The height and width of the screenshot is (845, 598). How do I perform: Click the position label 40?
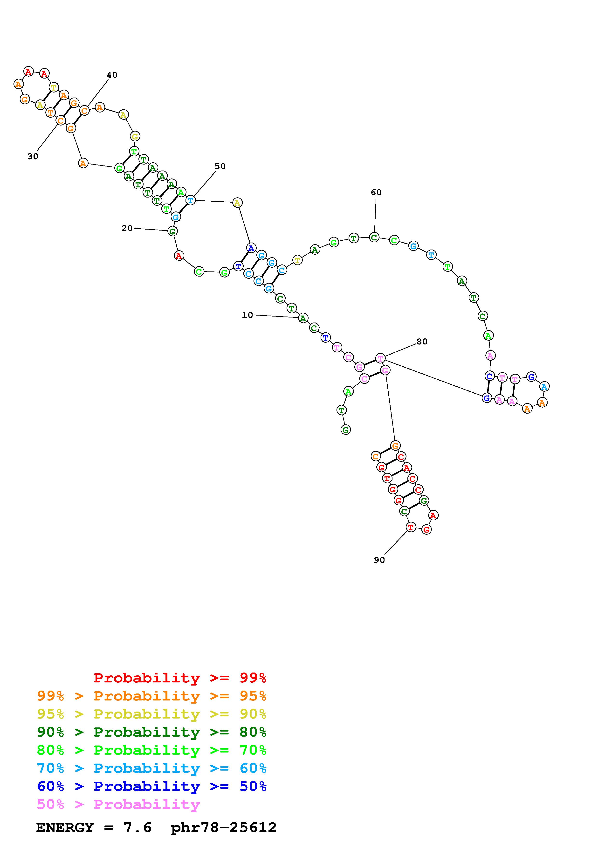[x=112, y=75]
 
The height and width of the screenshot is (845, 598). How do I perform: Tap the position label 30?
[x=33, y=156]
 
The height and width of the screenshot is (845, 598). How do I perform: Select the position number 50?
[x=220, y=166]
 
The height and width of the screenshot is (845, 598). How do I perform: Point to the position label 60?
[x=376, y=192]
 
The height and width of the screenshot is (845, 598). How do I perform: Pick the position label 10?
[x=247, y=315]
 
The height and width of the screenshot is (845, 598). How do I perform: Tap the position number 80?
[x=422, y=342]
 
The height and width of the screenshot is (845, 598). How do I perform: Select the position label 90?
[x=379, y=560]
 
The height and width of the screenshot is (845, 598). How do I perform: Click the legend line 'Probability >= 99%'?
[x=180, y=678]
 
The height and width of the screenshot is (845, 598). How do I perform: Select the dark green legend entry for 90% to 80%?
[x=152, y=732]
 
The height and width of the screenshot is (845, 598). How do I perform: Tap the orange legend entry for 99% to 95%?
[x=152, y=696]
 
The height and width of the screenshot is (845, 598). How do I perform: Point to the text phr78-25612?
[x=224, y=827]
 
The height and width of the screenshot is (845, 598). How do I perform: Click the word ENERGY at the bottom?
[x=65, y=827]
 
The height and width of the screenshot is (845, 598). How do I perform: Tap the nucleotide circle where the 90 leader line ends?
[x=411, y=527]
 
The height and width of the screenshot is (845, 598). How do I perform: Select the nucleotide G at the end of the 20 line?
[x=172, y=231]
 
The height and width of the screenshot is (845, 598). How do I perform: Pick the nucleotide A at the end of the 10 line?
[x=303, y=318]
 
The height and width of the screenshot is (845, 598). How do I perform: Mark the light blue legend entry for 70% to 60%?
[x=152, y=768]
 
